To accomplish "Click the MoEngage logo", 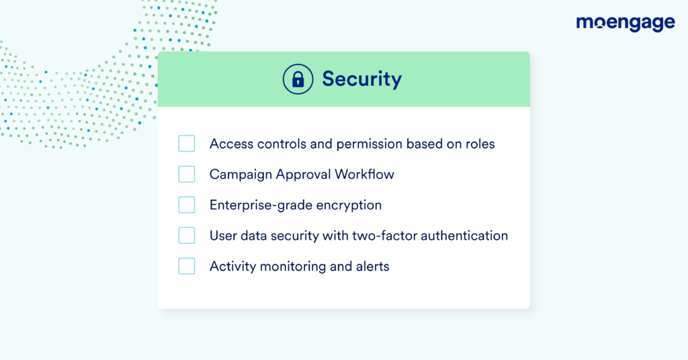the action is click(x=626, y=24).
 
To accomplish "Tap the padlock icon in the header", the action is click(x=298, y=79).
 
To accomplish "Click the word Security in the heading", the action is click(x=362, y=79).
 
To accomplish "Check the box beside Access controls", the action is click(x=187, y=143).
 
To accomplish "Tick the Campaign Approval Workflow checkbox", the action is click(x=187, y=174).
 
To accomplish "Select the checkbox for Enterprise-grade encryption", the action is click(x=187, y=205).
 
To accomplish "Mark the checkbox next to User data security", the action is click(x=187, y=236).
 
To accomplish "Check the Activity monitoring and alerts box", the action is click(x=187, y=266).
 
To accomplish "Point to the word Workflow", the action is click(x=364, y=175).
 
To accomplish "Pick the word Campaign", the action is click(x=241, y=175).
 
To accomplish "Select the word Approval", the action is click(x=303, y=175).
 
